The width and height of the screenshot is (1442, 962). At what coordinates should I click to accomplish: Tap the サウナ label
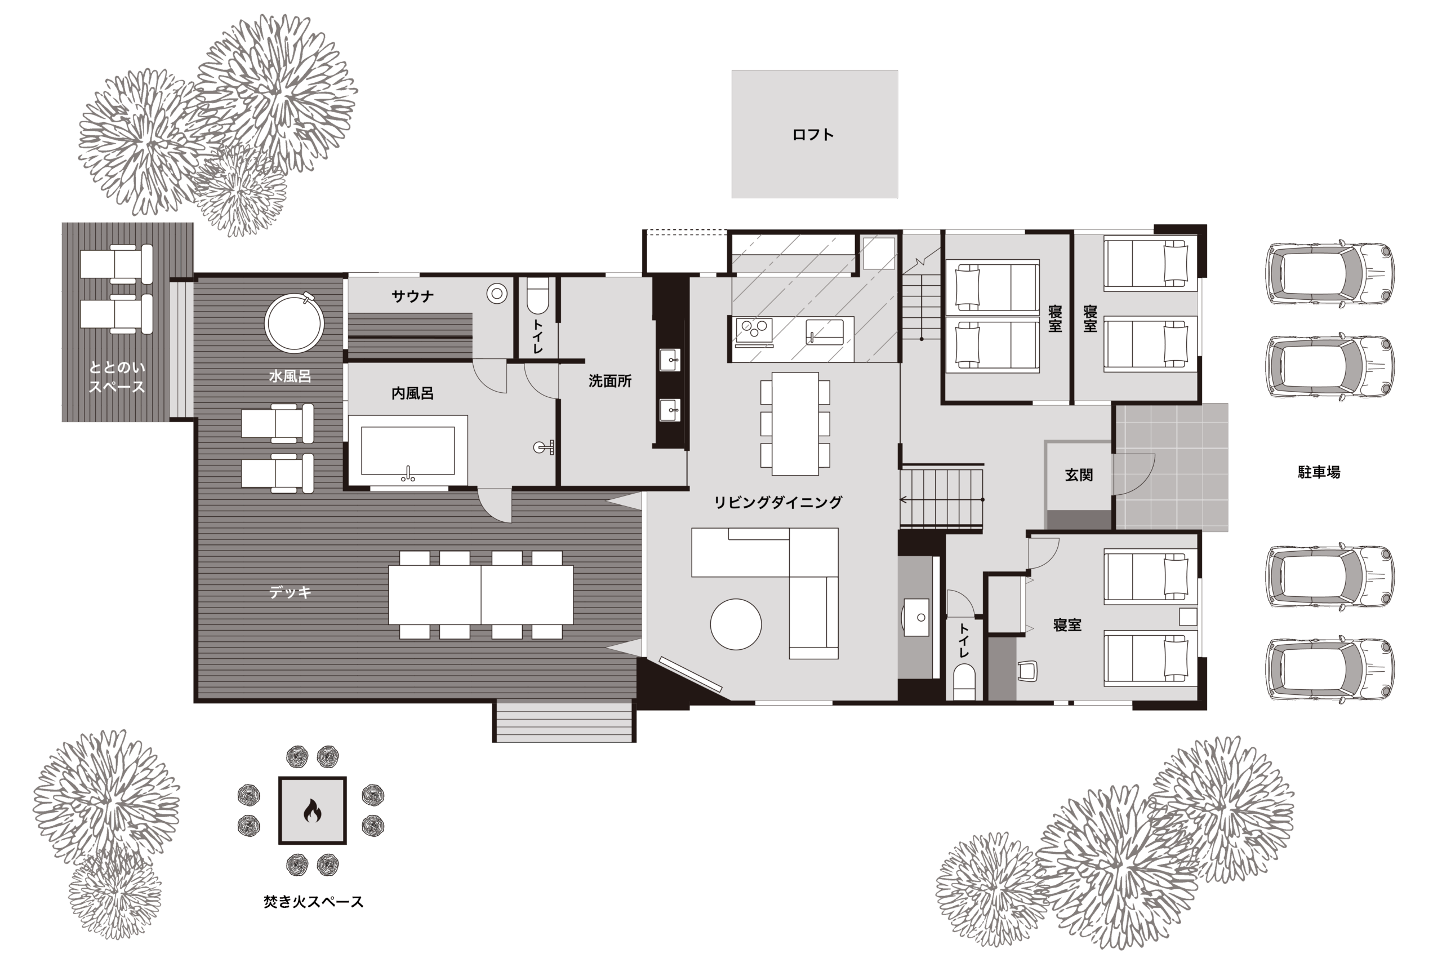pyautogui.click(x=413, y=297)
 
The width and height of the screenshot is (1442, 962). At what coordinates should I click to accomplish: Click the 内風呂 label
pyautogui.click(x=413, y=393)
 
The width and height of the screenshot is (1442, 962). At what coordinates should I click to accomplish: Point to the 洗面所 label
pyautogui.click(x=610, y=381)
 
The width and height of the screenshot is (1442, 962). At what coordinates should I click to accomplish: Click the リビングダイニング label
pyautogui.click(x=778, y=503)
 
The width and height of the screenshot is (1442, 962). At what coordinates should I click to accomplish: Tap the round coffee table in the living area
pyautogui.click(x=736, y=624)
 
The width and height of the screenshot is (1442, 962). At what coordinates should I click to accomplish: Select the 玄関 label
pyautogui.click(x=1079, y=475)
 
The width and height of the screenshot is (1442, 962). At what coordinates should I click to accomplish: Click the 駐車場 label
pyautogui.click(x=1319, y=472)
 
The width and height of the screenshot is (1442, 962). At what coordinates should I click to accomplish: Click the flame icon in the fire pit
pyautogui.click(x=312, y=811)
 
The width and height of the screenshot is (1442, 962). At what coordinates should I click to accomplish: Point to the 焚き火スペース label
pyautogui.click(x=313, y=902)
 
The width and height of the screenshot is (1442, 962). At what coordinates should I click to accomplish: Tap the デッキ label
pyautogui.click(x=290, y=592)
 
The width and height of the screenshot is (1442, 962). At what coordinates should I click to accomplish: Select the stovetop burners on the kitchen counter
pyautogui.click(x=754, y=331)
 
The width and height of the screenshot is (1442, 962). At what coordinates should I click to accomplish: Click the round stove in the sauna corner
pyautogui.click(x=497, y=294)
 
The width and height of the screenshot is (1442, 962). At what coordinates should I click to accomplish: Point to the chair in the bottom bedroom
pyautogui.click(x=1027, y=671)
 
